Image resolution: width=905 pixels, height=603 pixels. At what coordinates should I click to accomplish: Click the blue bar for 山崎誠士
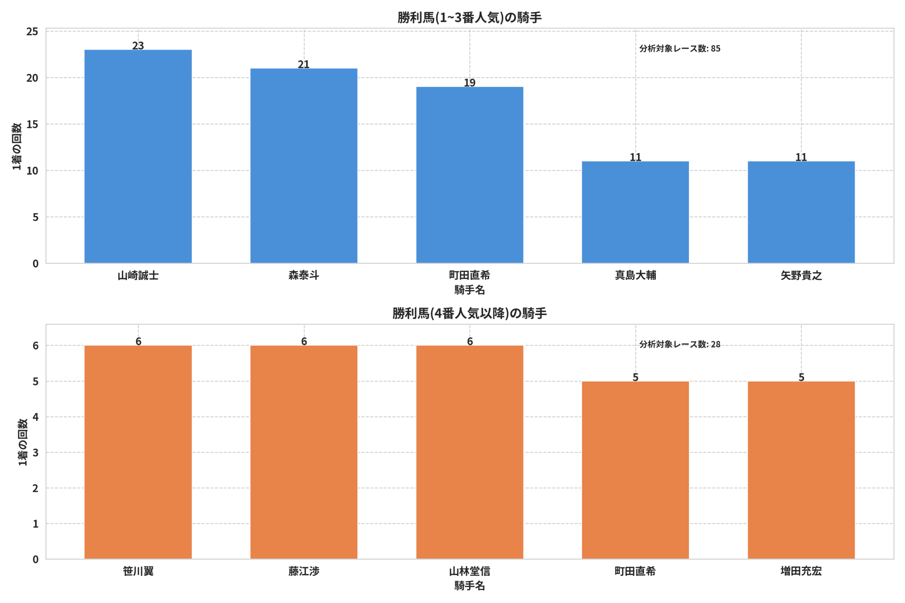click(x=138, y=156)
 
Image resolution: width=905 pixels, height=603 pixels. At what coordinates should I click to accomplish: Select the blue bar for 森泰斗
click(x=304, y=166)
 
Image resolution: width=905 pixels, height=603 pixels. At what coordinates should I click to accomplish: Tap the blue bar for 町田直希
click(x=469, y=175)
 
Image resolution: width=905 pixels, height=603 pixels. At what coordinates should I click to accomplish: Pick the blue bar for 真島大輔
click(x=635, y=212)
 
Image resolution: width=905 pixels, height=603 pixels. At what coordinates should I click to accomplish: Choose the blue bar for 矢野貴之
click(x=801, y=212)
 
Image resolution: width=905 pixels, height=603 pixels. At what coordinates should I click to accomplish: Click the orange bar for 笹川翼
click(x=138, y=452)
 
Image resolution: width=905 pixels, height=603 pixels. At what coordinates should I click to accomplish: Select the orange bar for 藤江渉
click(x=304, y=452)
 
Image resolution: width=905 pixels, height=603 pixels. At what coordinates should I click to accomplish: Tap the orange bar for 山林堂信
click(x=469, y=452)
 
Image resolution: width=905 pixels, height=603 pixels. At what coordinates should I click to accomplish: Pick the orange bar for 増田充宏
click(x=801, y=470)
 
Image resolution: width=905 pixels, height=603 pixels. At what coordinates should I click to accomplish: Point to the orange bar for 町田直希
click(x=635, y=470)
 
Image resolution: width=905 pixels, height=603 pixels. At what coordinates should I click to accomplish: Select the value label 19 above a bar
click(x=469, y=83)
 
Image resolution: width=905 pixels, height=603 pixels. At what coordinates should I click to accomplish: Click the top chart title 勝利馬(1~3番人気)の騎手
click(x=469, y=18)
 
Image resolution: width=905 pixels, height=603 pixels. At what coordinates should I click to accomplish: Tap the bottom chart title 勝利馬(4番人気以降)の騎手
click(x=469, y=313)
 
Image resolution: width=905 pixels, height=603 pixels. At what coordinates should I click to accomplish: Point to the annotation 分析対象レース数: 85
click(x=679, y=48)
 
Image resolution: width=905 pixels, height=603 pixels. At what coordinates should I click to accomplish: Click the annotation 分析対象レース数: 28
click(x=679, y=344)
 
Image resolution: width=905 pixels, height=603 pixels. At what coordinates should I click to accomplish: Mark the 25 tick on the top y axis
click(x=32, y=31)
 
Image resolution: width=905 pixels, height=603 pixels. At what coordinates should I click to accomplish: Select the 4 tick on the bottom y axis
click(x=35, y=417)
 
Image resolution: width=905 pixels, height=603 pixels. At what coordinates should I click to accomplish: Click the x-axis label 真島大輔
click(x=635, y=275)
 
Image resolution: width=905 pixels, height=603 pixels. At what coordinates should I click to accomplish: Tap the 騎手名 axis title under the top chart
click(x=469, y=290)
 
